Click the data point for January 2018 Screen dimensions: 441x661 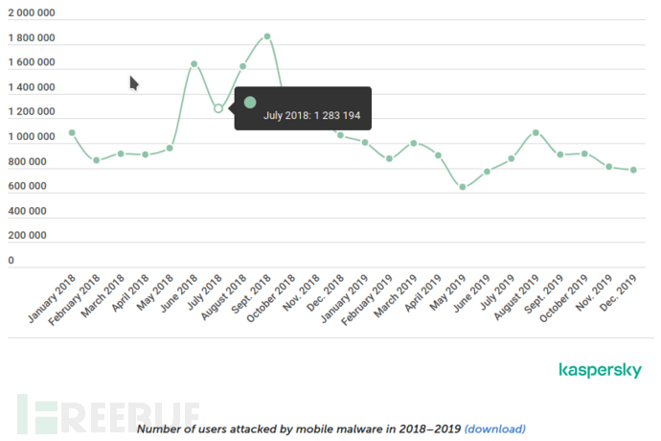(x=72, y=132)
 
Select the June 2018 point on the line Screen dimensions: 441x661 (x=194, y=64)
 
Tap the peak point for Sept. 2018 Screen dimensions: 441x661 (x=267, y=36)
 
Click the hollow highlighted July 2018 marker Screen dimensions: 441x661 (x=218, y=108)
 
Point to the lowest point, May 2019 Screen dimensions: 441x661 (x=463, y=187)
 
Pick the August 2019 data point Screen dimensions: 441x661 (x=536, y=132)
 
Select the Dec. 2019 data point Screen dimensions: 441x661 (x=633, y=170)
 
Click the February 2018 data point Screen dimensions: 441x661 (x=96, y=160)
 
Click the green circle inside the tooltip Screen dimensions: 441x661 (x=250, y=102)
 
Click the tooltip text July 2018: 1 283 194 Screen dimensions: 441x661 (x=311, y=116)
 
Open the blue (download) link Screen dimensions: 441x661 (x=494, y=429)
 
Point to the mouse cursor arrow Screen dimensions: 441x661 (x=134, y=83)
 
